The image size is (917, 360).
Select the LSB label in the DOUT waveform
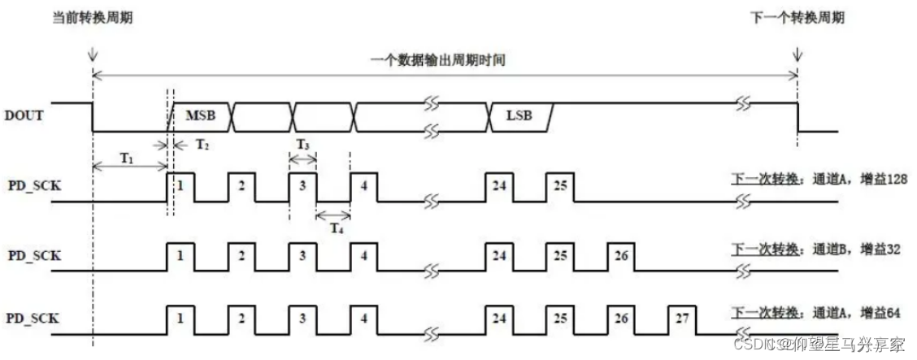(518, 116)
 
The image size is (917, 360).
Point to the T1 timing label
(127, 158)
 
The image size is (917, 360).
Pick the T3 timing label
(302, 144)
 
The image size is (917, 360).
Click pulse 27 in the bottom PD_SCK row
(682, 318)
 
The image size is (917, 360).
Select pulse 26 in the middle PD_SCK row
(620, 255)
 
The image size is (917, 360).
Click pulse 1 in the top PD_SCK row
(180, 184)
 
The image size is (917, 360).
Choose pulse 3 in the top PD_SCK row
(302, 184)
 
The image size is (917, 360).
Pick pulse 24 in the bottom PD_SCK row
(498, 318)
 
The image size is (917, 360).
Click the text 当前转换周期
(91, 16)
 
